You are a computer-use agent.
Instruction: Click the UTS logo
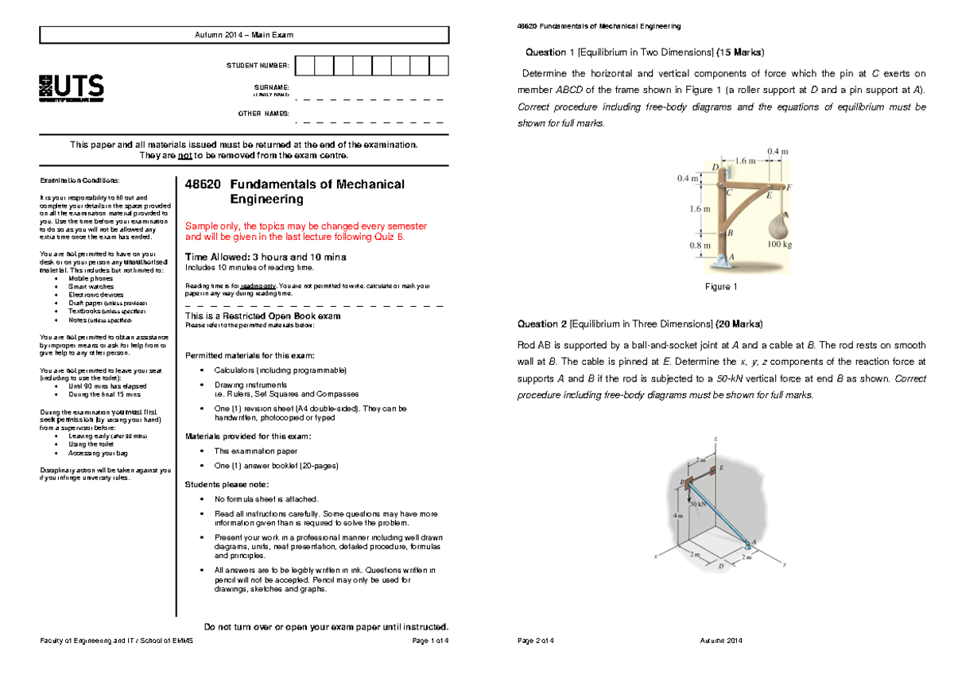pyautogui.click(x=71, y=88)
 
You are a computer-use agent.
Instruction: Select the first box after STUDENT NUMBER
pyautogui.click(x=304, y=65)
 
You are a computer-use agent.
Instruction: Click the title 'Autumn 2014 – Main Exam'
pyautogui.click(x=244, y=35)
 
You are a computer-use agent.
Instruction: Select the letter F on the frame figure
pyautogui.click(x=789, y=187)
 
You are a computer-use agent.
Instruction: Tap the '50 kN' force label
pyautogui.click(x=699, y=503)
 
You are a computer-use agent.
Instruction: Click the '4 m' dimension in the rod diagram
pyautogui.click(x=677, y=516)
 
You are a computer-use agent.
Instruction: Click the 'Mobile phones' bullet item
pyautogui.click(x=91, y=278)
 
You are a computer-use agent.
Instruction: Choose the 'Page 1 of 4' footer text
pyautogui.click(x=430, y=641)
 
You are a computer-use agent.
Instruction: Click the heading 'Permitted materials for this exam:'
pyautogui.click(x=249, y=354)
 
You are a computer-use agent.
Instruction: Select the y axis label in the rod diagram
pyautogui.click(x=784, y=565)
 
